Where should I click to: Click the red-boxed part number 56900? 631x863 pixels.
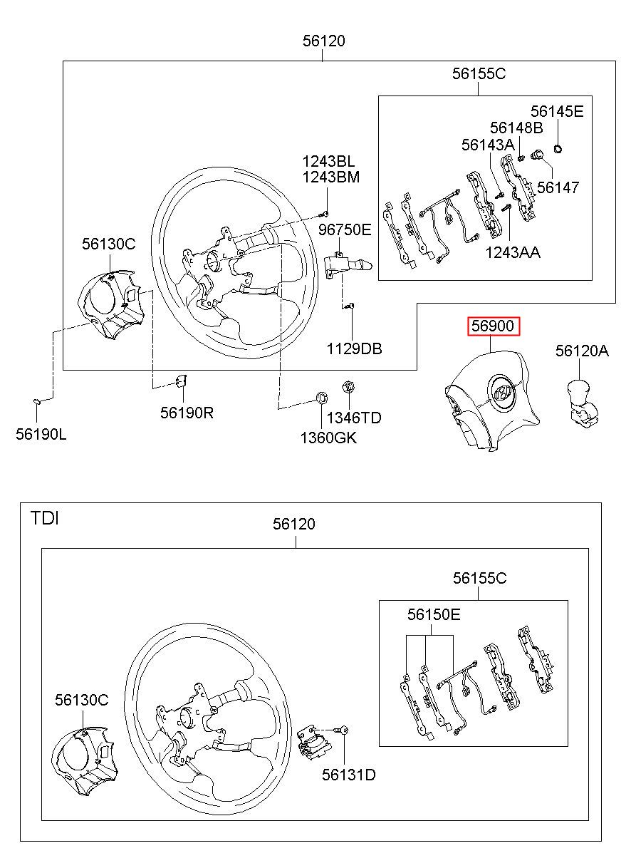coord(493,326)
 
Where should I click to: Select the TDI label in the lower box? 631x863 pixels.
coord(45,519)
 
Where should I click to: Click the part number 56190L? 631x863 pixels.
coord(41,435)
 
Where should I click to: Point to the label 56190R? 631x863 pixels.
coord(187,413)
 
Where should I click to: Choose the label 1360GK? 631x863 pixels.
coord(328,438)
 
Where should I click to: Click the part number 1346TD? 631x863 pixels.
coord(354,418)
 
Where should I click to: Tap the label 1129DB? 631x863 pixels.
coord(354,349)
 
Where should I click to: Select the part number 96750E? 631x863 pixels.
coord(345,230)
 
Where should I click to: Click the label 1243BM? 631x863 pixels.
coord(331,177)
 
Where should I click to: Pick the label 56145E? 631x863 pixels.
coord(557,112)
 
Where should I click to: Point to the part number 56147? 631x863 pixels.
coord(558,187)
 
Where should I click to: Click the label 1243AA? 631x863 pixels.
coord(513,253)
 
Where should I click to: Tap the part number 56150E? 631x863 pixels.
coord(434,614)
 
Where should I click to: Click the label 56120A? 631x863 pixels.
coord(582,351)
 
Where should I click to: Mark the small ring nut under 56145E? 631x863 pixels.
coord(558,148)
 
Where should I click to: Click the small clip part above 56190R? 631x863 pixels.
coord(182,381)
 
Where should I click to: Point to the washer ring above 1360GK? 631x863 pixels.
coord(322,396)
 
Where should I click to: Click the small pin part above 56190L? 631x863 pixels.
coord(37,402)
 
